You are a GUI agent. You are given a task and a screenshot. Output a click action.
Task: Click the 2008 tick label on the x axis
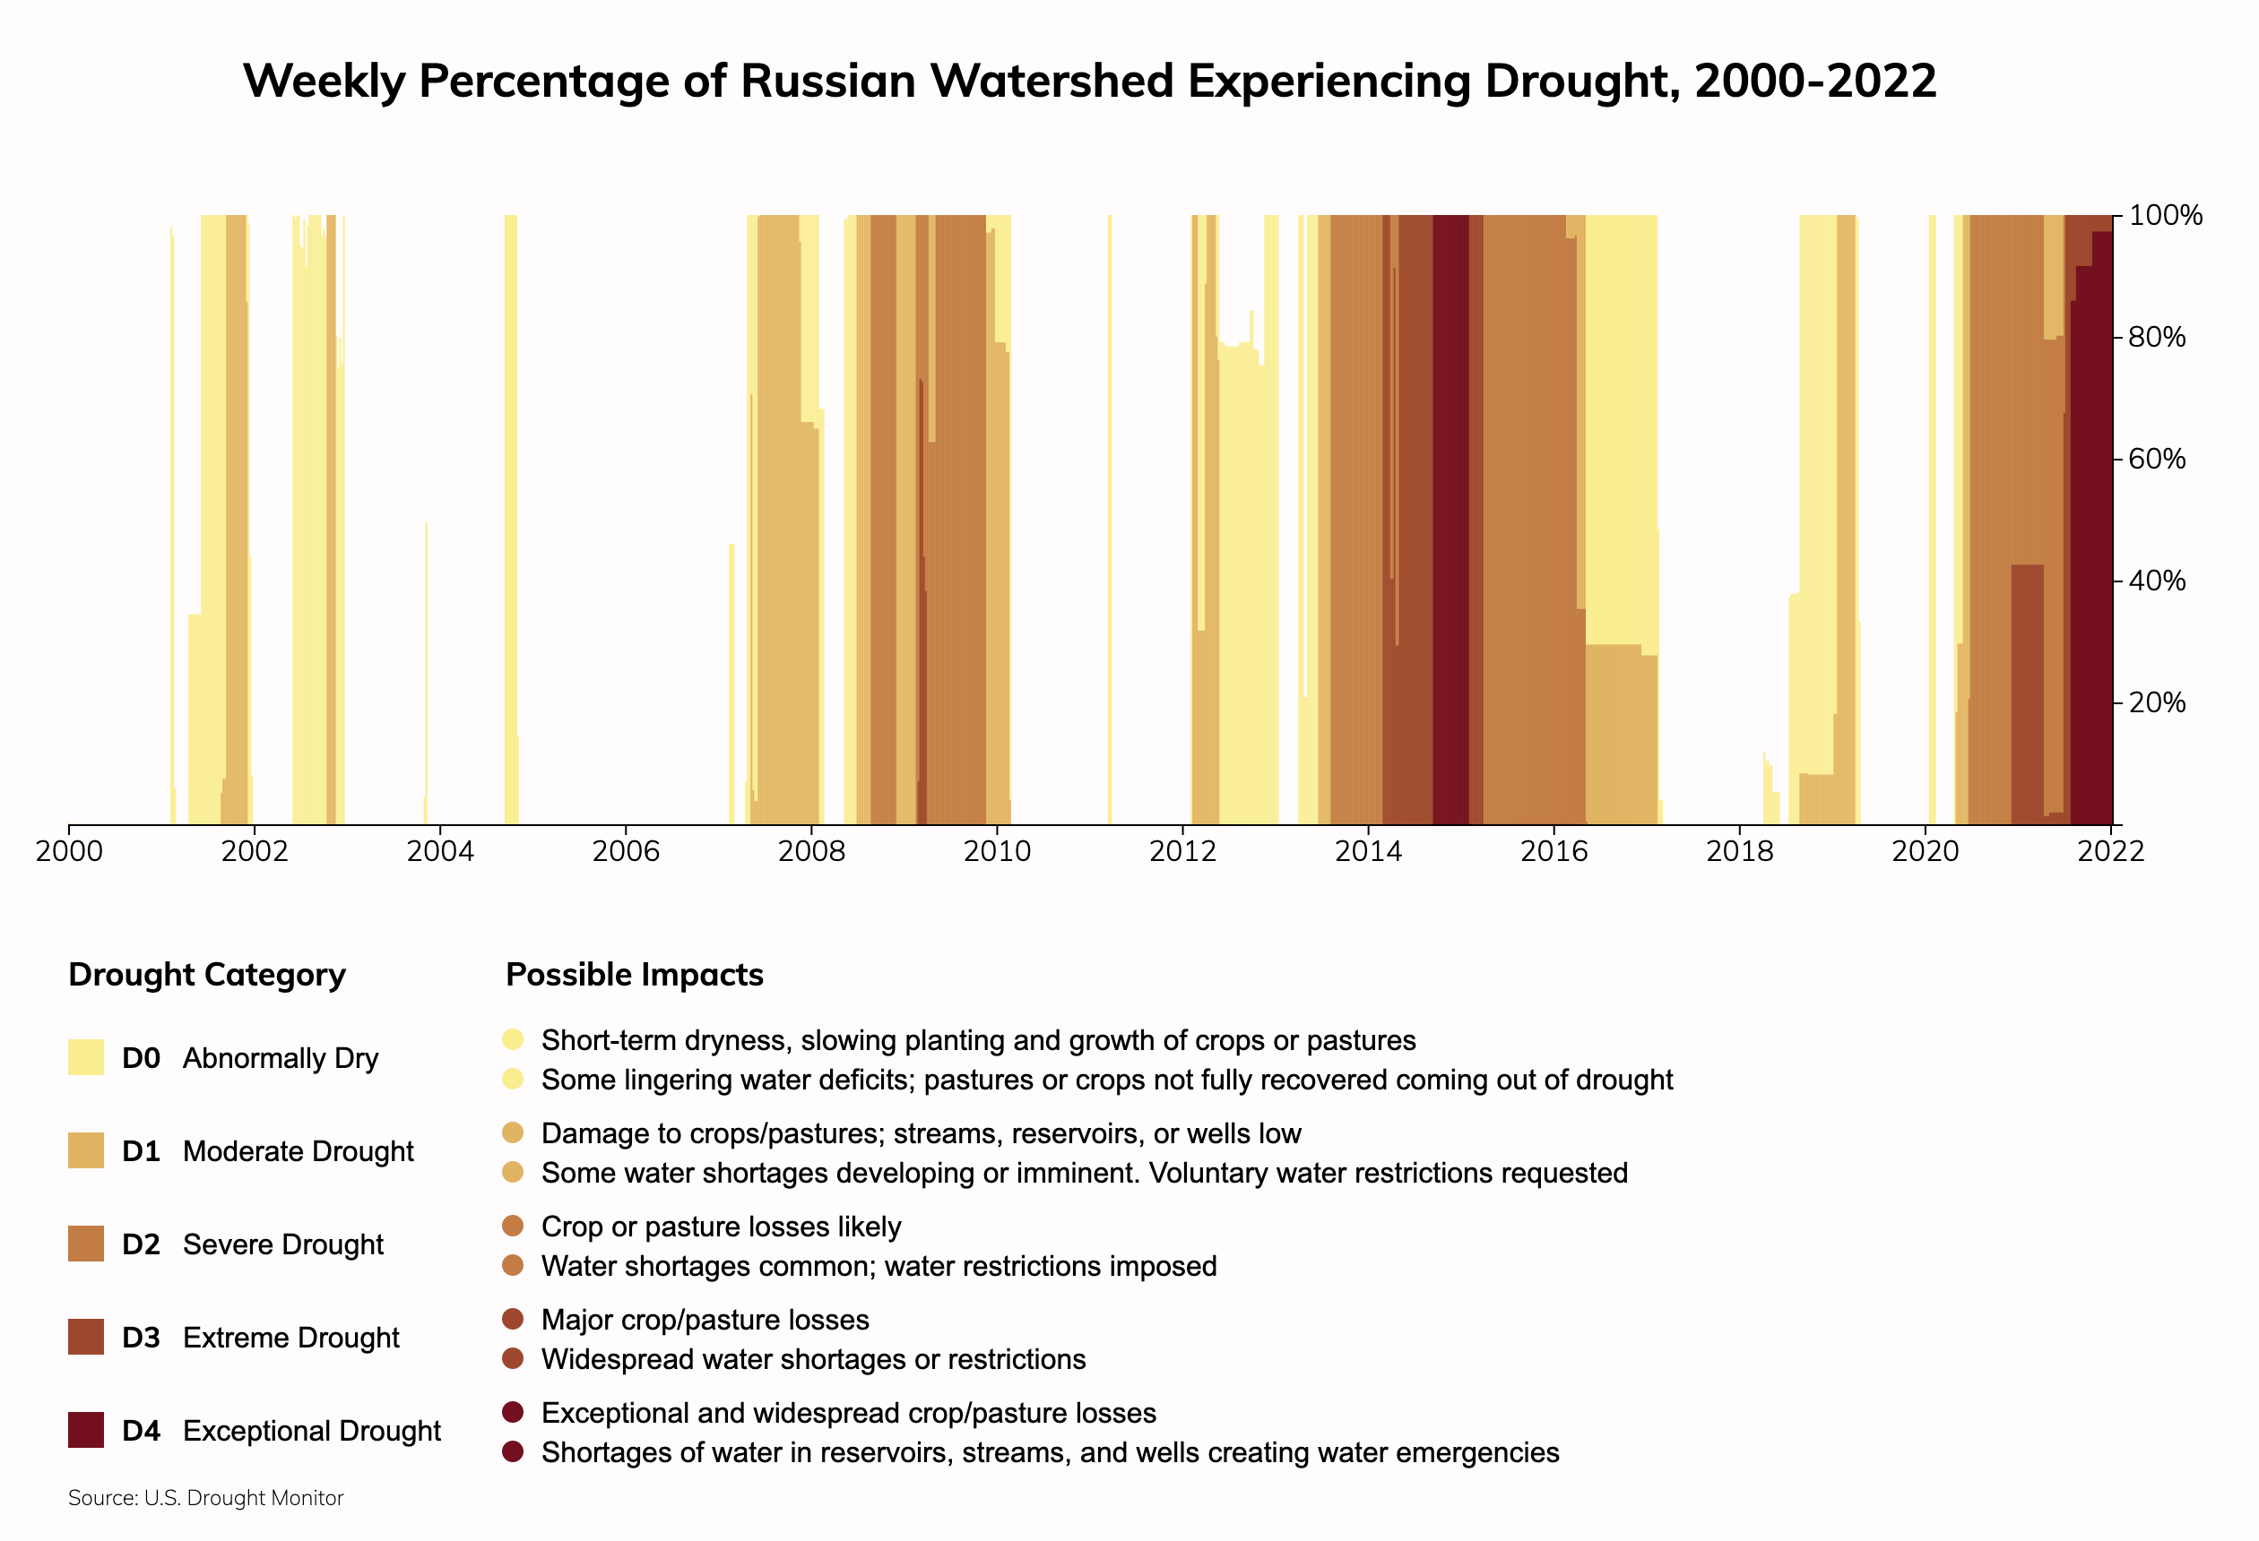click(810, 852)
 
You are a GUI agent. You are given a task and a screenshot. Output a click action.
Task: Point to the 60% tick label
click(2157, 459)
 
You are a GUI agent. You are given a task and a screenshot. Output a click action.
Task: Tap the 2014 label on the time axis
click(1368, 852)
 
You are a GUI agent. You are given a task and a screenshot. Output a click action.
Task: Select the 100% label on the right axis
click(2165, 215)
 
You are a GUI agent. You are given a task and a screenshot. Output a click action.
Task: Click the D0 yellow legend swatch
click(85, 1057)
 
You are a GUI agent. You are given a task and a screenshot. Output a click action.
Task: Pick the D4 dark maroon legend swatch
click(85, 1430)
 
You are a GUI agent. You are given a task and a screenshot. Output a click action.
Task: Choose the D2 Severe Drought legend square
click(85, 1244)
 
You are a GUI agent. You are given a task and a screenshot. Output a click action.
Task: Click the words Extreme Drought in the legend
click(290, 1338)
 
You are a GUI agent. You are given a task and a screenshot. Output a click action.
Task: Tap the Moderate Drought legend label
click(298, 1151)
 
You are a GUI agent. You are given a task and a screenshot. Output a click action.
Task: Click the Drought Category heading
click(207, 975)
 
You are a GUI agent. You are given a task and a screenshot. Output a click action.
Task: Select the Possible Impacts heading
click(635, 975)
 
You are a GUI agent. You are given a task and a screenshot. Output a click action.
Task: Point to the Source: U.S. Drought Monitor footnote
click(206, 1498)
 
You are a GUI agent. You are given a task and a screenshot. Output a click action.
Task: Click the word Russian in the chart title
click(828, 81)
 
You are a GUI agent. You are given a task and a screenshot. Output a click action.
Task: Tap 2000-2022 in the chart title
click(1814, 81)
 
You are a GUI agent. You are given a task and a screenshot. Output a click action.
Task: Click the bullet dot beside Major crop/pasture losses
click(514, 1320)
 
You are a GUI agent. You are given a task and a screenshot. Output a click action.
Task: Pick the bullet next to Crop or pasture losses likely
click(514, 1227)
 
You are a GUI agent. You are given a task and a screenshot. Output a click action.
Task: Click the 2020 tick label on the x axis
click(1925, 852)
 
